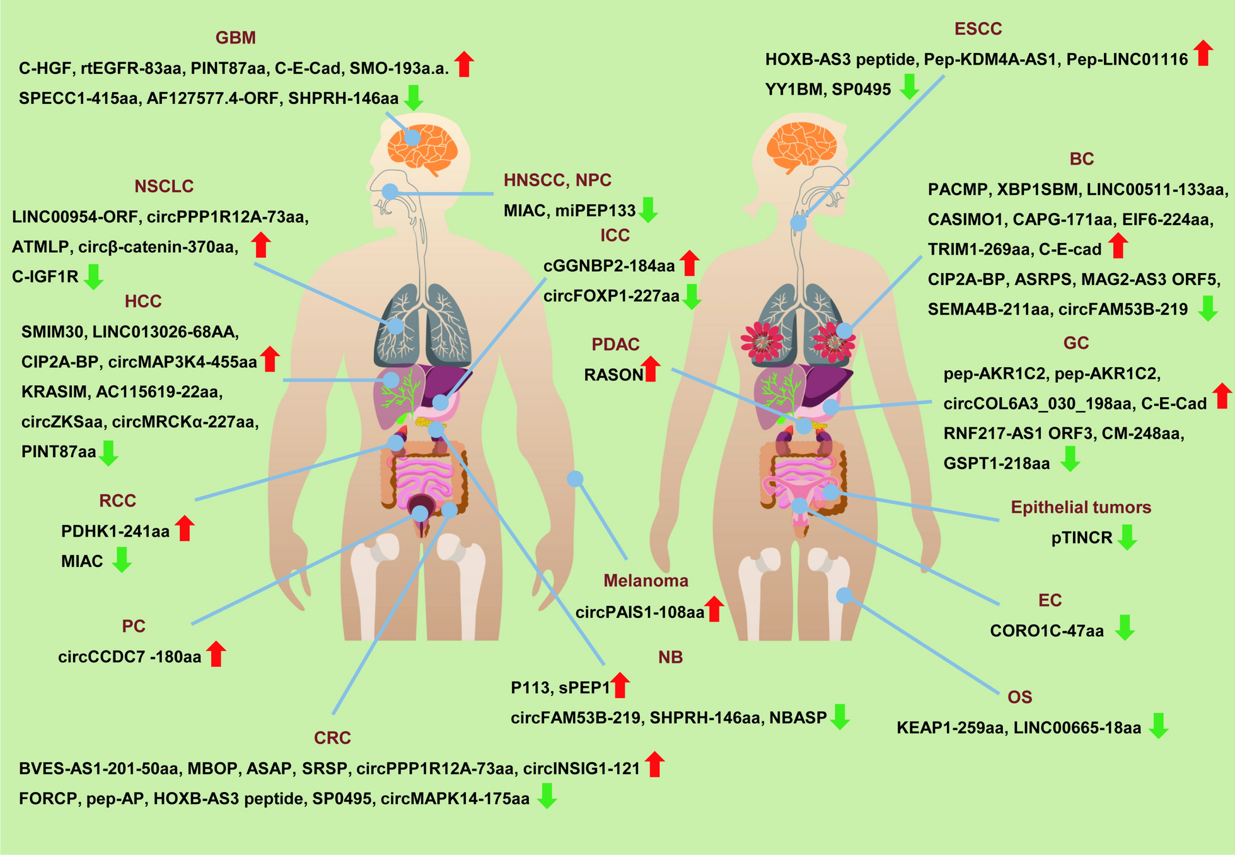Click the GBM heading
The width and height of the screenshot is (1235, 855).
click(235, 38)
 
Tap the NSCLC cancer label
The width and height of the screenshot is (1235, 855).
click(164, 186)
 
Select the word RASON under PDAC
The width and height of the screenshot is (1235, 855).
click(613, 375)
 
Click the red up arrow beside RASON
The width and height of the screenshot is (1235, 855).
click(651, 369)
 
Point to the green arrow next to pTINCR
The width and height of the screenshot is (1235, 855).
click(1127, 537)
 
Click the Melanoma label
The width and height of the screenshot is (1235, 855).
click(646, 581)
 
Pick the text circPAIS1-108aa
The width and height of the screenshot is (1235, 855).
click(639, 612)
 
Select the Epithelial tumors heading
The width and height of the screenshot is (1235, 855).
click(1081, 508)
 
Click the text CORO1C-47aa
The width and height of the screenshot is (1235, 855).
click(1047, 631)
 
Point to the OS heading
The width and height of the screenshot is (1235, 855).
click(1019, 697)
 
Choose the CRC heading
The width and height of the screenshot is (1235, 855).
click(332, 738)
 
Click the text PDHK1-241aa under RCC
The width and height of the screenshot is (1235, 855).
click(115, 532)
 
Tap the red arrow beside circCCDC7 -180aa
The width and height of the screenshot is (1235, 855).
click(216, 654)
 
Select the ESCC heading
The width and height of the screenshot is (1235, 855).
click(978, 29)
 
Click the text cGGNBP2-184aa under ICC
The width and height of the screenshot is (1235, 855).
click(609, 266)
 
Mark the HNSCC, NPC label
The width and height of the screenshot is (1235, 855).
click(557, 180)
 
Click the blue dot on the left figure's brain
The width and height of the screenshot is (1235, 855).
click(412, 137)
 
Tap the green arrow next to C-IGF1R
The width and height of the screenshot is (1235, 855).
click(94, 277)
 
